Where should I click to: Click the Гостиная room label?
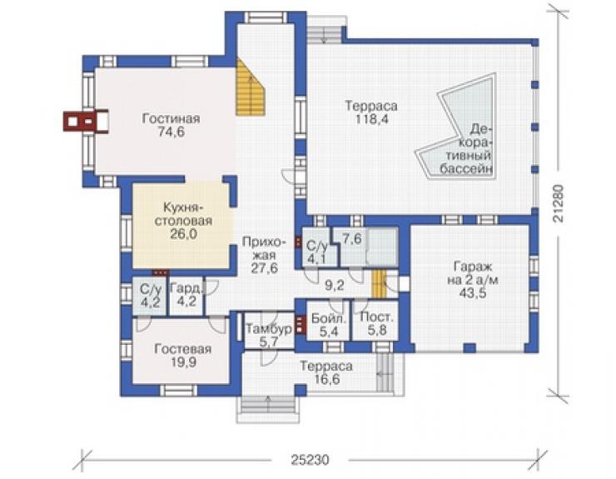171,119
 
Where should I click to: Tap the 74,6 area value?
171,132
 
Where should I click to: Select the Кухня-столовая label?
183,213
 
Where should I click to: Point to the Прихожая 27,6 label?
262,255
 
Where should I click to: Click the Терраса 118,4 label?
371,112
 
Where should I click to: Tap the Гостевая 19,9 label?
182,356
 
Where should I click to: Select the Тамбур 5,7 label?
269,335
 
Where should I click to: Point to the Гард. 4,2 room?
186,296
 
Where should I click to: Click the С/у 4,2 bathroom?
150,296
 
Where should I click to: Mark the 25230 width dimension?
310,459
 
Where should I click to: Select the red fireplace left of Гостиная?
86,121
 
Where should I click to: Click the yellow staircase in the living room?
251,88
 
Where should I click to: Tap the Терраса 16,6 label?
326,372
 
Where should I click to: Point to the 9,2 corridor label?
335,285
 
